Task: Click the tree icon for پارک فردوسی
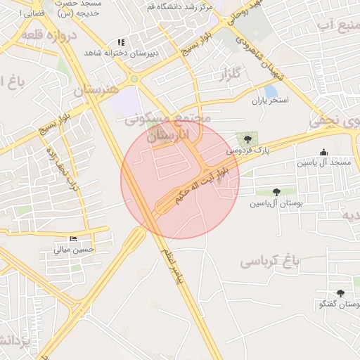click(x=247, y=139)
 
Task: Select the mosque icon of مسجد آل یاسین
click(x=323, y=152)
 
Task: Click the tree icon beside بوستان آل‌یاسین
click(x=276, y=191)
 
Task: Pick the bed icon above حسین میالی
click(x=74, y=238)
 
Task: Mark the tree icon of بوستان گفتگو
click(x=341, y=293)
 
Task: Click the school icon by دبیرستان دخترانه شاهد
click(x=121, y=42)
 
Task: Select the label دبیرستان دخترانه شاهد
click(x=122, y=53)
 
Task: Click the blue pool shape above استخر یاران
click(x=271, y=91)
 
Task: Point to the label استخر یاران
click(x=271, y=101)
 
